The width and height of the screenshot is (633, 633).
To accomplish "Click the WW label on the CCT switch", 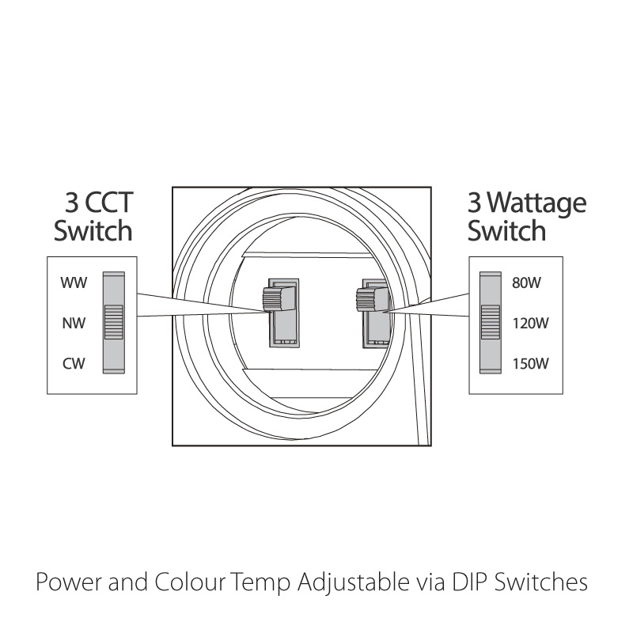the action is pyautogui.click(x=74, y=282).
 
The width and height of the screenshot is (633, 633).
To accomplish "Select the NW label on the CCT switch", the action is pyautogui.click(x=74, y=323).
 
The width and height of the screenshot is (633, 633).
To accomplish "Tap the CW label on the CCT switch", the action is pyautogui.click(x=74, y=363).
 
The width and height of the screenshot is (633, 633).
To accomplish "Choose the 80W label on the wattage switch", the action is pyautogui.click(x=526, y=282).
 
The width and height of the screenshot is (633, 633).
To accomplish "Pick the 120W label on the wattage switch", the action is pyautogui.click(x=530, y=323).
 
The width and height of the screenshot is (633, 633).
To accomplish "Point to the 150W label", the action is pyautogui.click(x=530, y=363).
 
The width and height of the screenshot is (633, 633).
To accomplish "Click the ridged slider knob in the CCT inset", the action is pyautogui.click(x=114, y=322).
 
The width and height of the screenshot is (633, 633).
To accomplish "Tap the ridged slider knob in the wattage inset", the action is pyautogui.click(x=491, y=322).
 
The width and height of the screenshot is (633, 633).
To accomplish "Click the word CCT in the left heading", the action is pyautogui.click(x=109, y=203).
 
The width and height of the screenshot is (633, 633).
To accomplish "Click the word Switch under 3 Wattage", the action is pyautogui.click(x=506, y=230).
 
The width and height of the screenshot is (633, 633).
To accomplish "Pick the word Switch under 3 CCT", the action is pyautogui.click(x=93, y=230).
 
